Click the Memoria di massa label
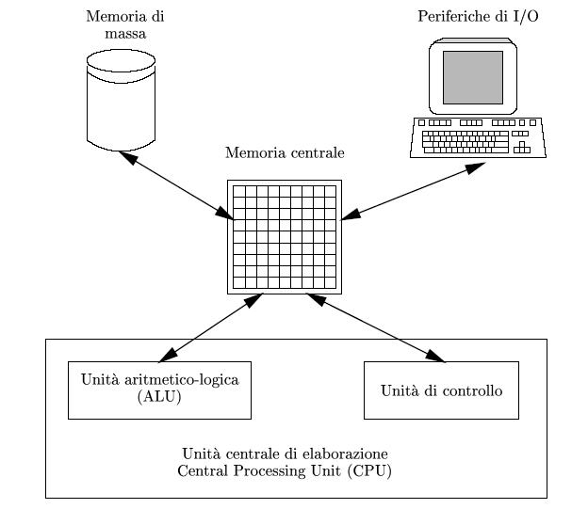[119, 25]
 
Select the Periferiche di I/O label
[479, 17]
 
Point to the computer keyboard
[479, 137]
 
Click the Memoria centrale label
[285, 152]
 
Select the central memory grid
[284, 236]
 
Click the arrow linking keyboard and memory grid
[411, 194]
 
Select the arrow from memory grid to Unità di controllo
[377, 329]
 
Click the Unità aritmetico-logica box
[159, 389]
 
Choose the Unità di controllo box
[441, 390]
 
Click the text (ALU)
[159, 397]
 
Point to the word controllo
[472, 390]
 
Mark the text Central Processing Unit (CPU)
[285, 469]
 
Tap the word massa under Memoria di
[119, 34]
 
